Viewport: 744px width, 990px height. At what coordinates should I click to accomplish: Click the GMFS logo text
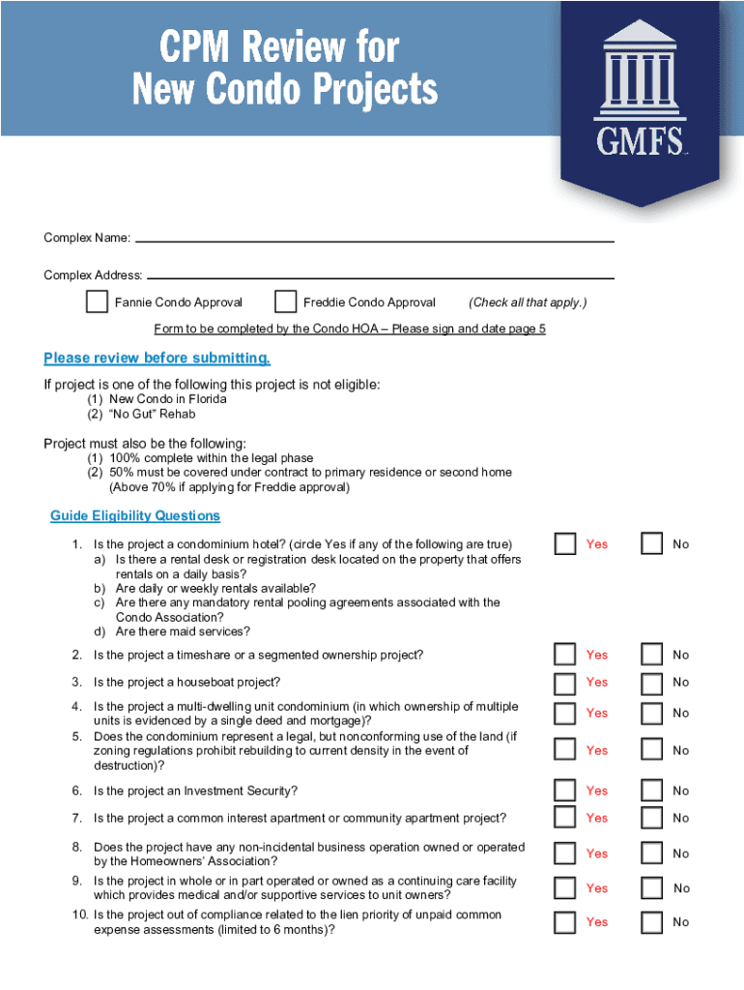(641, 142)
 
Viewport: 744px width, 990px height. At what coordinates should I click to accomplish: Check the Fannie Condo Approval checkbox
(97, 302)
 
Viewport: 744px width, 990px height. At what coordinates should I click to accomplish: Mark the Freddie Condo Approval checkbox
(285, 302)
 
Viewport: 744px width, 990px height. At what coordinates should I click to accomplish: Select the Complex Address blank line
(381, 274)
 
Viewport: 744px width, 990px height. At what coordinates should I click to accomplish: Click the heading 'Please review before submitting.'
(157, 359)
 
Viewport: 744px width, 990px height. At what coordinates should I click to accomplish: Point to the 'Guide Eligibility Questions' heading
(135, 516)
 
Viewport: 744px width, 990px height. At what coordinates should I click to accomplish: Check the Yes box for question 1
(565, 544)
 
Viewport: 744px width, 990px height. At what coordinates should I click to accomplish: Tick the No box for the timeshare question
(653, 655)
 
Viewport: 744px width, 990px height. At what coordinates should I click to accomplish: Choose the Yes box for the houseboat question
(565, 683)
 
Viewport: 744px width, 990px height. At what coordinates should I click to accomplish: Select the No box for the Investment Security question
(653, 791)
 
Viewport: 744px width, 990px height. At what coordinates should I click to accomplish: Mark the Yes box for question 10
(565, 922)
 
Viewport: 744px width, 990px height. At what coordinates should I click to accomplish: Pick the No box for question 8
(653, 854)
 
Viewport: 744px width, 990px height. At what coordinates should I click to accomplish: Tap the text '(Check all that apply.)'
(528, 303)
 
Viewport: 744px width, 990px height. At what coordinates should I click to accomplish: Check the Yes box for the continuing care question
(565, 888)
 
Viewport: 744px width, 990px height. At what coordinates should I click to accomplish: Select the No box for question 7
(653, 818)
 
